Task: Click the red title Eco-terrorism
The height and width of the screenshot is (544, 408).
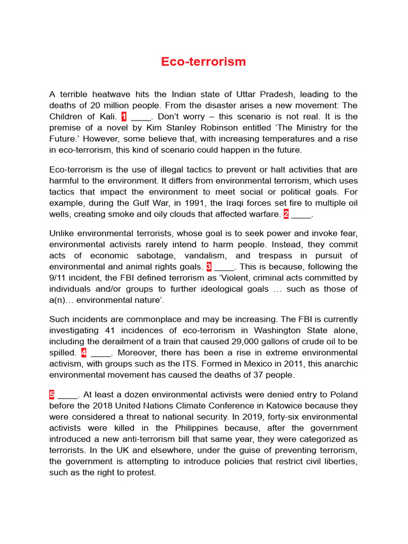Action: tap(203, 62)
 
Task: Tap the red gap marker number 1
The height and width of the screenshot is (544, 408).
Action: tap(124, 117)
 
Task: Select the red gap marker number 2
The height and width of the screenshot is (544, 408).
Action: tap(286, 214)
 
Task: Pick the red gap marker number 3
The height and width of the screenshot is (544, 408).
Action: tap(209, 267)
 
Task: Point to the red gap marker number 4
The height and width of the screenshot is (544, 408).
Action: tap(84, 353)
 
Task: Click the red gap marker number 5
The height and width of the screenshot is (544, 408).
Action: tap(52, 395)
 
